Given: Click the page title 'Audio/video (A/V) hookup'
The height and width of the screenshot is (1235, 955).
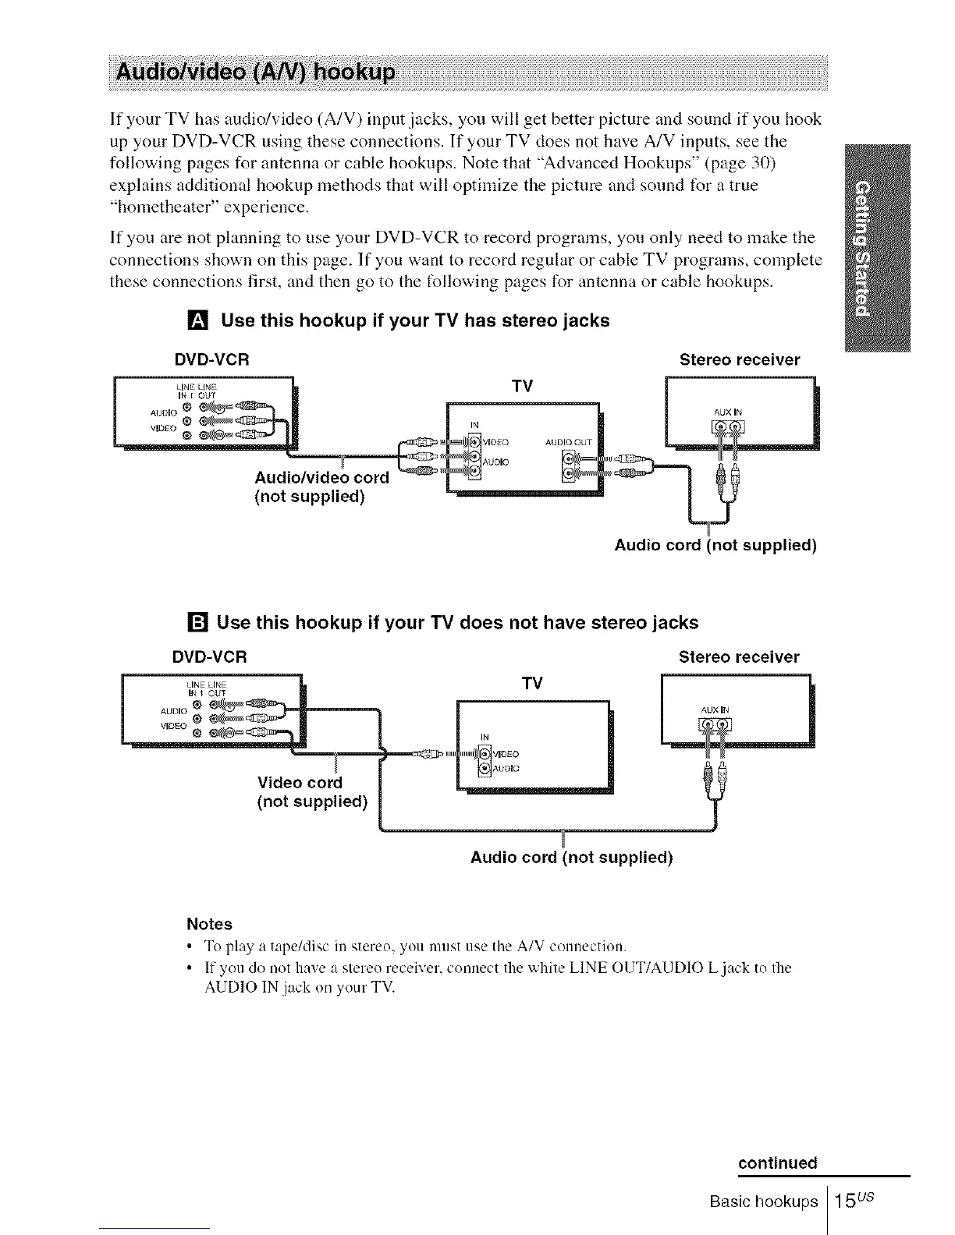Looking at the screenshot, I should (256, 74).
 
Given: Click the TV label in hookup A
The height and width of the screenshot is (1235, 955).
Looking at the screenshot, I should (521, 387).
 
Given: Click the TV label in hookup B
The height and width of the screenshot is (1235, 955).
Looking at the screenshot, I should (531, 684).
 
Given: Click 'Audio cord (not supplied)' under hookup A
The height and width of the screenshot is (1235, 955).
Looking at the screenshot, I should (715, 545).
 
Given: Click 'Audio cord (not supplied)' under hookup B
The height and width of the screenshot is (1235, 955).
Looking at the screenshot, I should (571, 858).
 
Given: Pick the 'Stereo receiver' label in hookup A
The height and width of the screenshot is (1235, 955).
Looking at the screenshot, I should (740, 359).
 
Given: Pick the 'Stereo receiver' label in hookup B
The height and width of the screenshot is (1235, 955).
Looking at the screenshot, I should (739, 656).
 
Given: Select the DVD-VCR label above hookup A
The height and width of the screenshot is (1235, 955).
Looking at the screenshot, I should (211, 359).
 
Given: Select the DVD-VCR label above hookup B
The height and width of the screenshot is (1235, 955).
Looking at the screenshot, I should (210, 656).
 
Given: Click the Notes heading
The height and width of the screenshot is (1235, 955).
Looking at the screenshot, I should (209, 924).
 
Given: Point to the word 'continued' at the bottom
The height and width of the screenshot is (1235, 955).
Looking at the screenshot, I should (778, 1163).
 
